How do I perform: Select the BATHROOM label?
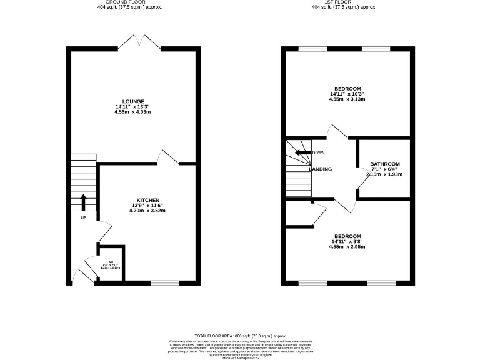pyautogui.click(x=384, y=164)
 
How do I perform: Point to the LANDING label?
pyautogui.click(x=320, y=169)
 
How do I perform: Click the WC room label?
pyautogui.click(x=111, y=262)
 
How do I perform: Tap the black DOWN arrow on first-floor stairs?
pyautogui.click(x=303, y=152)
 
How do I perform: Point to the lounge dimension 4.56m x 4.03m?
pyautogui.click(x=133, y=112)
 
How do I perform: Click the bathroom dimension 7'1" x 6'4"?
pyautogui.click(x=384, y=169)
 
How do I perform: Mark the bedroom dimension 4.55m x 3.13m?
pyautogui.click(x=347, y=99)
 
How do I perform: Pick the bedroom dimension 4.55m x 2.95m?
pyautogui.click(x=347, y=247)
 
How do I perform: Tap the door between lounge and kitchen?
pyautogui.click(x=169, y=157)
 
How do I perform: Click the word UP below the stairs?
pyautogui.click(x=83, y=217)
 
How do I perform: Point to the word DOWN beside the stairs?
pyautogui.click(x=319, y=152)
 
